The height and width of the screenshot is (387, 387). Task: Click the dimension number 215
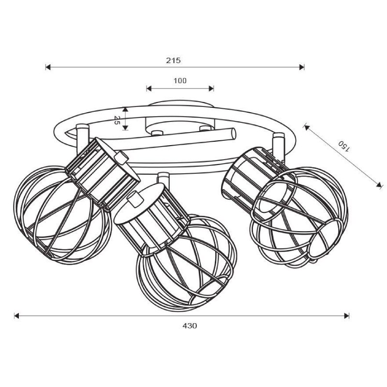click(173, 60)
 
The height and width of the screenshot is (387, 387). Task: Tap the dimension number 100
click(180, 81)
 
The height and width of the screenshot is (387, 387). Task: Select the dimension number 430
click(190, 326)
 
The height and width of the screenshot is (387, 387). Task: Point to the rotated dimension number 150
click(344, 146)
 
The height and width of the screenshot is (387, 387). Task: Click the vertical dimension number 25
click(117, 120)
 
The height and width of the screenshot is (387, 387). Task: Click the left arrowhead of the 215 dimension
click(48, 67)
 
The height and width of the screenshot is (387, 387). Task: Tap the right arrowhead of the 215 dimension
click(301, 67)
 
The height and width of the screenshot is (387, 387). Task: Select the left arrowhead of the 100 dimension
click(149, 89)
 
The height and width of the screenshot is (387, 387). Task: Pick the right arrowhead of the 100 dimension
click(211, 89)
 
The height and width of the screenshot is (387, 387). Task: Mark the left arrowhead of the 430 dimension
click(17, 316)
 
